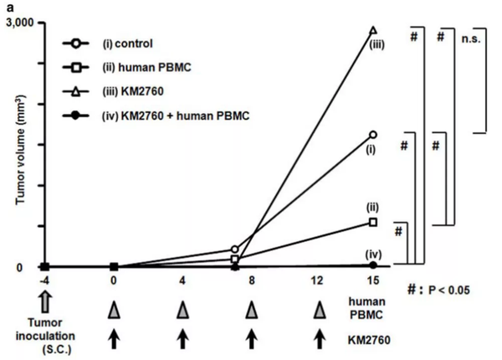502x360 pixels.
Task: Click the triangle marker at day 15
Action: click(x=372, y=30)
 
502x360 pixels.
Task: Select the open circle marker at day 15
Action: click(x=372, y=134)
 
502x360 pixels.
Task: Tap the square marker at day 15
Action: click(x=372, y=222)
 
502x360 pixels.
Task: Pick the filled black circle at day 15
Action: click(x=372, y=265)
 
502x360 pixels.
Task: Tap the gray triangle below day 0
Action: click(x=114, y=311)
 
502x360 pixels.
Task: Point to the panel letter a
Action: click(x=6, y=6)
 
